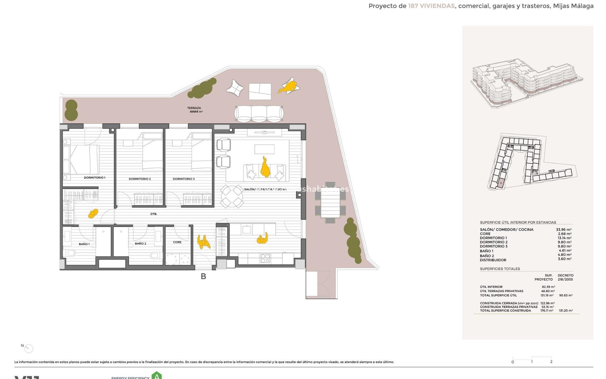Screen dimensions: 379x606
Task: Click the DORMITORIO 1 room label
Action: [x=94, y=178]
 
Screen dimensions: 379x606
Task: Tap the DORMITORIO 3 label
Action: [x=184, y=179]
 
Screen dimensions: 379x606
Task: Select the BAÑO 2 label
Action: [x=140, y=244]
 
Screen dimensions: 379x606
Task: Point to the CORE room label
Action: [x=177, y=242]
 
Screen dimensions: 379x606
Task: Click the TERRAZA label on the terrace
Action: [x=194, y=108]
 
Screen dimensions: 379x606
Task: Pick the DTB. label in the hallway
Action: [x=154, y=214]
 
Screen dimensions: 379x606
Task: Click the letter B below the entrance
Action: [x=204, y=276]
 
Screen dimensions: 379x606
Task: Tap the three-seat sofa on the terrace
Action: [x=259, y=113]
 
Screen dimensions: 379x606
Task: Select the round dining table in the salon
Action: [x=232, y=196]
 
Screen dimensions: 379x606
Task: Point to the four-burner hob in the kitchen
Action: [x=265, y=259]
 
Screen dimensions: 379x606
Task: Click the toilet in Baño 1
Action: [x=71, y=253]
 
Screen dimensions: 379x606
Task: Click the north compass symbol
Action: [x=28, y=348]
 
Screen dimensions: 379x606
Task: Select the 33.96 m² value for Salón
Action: [x=563, y=230]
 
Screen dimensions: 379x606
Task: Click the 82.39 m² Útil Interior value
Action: [x=548, y=287]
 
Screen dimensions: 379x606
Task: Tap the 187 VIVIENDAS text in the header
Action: [x=431, y=6]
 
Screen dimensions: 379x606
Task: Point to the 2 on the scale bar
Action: [x=551, y=362]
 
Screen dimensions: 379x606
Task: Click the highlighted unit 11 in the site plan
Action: [x=501, y=183]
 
